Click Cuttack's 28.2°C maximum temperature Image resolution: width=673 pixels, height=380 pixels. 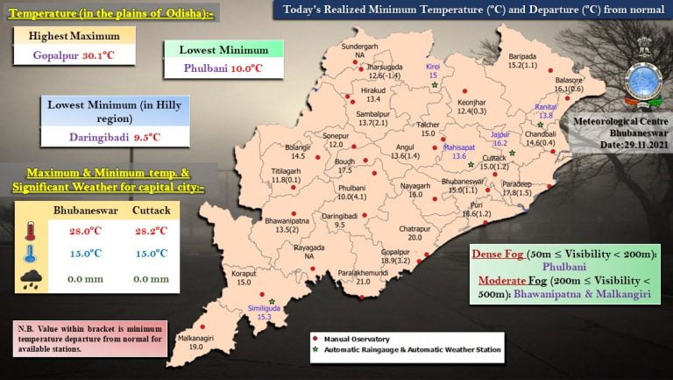click(152, 231)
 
